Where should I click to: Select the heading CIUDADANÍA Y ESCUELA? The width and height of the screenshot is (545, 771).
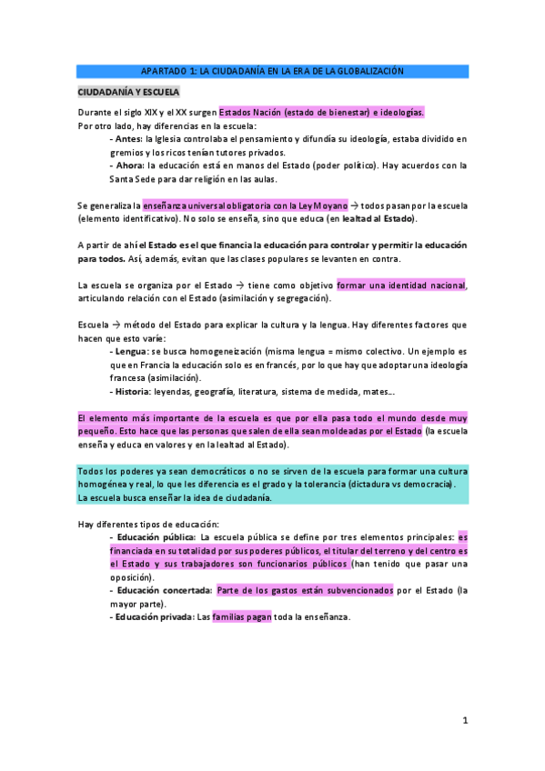(x=128, y=93)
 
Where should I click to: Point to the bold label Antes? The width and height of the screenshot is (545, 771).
(x=126, y=139)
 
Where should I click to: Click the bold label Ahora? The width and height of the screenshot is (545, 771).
(x=126, y=165)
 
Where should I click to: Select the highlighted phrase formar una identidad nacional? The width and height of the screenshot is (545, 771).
(x=401, y=285)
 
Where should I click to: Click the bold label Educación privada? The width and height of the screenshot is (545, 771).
(x=152, y=617)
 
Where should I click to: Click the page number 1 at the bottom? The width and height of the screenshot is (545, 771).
(x=464, y=721)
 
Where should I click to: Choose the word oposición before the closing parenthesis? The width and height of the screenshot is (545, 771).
(x=132, y=577)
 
